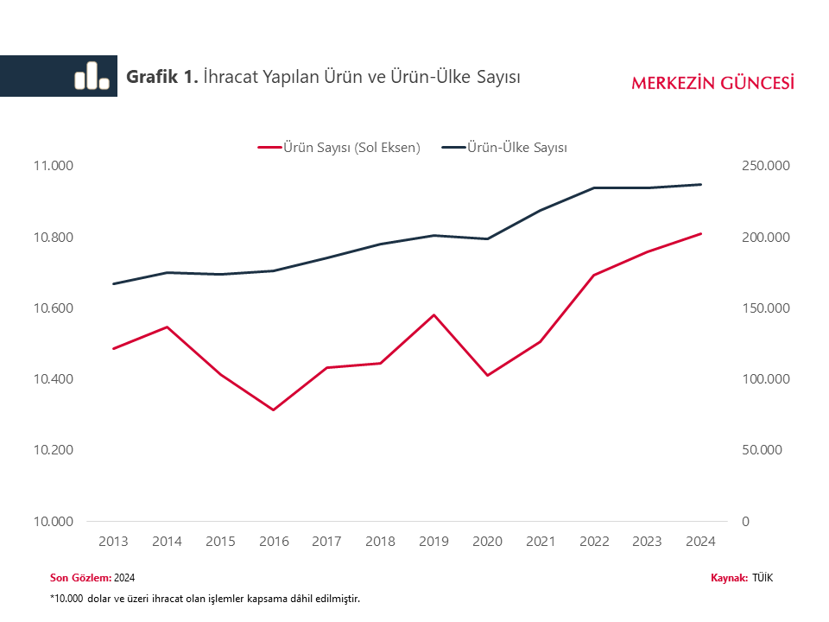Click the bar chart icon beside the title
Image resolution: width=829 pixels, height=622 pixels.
click(92, 76)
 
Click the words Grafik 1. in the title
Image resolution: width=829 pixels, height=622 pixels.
click(162, 77)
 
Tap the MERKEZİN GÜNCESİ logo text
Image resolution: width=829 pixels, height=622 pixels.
click(712, 83)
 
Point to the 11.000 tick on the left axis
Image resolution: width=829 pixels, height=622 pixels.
click(53, 166)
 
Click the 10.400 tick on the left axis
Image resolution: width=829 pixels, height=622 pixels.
click(53, 379)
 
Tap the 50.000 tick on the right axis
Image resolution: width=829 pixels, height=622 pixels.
click(761, 450)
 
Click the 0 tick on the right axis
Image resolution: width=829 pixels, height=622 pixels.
click(746, 521)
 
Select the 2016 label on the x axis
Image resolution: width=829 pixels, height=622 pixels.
click(274, 542)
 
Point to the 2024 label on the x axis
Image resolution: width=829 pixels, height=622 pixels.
click(700, 542)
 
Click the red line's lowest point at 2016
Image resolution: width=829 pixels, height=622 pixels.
click(274, 409)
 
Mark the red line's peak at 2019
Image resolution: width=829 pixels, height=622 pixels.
click(433, 314)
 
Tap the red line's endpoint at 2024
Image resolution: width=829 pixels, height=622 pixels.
click(700, 233)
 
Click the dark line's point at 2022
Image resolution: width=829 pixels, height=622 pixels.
click(593, 187)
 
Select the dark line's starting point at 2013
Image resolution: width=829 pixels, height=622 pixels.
click(114, 283)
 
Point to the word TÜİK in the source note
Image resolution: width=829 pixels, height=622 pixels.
click(763, 578)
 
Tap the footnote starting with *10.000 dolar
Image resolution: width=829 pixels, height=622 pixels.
click(205, 598)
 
